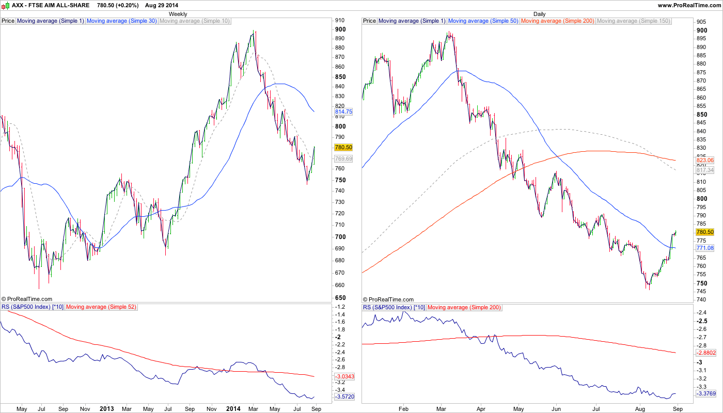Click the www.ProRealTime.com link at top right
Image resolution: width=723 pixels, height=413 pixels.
pos(689,5)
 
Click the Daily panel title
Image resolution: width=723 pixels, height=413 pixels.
pos(539,14)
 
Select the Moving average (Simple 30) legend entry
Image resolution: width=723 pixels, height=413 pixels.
pos(122,21)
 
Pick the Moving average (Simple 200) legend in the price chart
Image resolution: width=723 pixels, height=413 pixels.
pos(558,21)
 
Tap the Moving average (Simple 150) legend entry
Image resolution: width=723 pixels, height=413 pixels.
pos(633,21)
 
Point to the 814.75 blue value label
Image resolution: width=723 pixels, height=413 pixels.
pos(343,112)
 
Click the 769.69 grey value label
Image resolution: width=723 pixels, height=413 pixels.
pos(343,159)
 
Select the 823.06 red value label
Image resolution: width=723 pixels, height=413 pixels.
pos(705,161)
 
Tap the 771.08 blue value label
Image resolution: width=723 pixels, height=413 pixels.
pos(705,248)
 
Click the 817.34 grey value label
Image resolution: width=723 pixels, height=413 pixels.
pos(705,170)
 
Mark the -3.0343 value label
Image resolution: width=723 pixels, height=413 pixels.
pos(343,377)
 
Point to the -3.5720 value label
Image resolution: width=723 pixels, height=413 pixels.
pos(343,396)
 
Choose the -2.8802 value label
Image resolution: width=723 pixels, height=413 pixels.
pos(705,353)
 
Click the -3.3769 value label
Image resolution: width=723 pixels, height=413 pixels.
pos(705,394)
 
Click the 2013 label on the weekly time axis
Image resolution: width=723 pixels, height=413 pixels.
pos(106,409)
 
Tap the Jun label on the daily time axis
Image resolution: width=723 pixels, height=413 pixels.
pos(556,409)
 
